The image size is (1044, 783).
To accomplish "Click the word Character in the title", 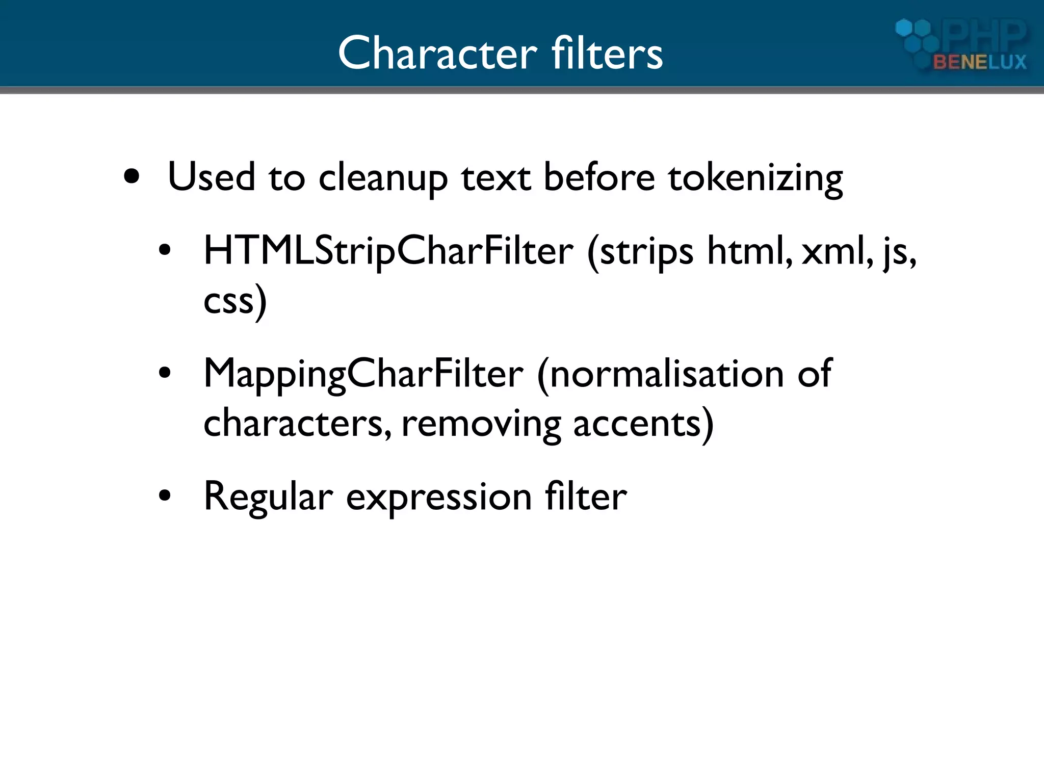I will (437, 53).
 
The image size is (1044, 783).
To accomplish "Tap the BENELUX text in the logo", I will (979, 62).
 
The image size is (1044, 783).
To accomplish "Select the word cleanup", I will (383, 178).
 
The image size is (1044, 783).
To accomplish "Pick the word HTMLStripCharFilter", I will (388, 251).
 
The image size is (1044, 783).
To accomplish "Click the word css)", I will (234, 301).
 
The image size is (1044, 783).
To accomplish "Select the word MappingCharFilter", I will (363, 374).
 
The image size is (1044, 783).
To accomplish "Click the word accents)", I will (643, 424).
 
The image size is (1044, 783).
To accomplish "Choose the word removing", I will (481, 424).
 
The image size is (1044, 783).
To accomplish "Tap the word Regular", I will (268, 497).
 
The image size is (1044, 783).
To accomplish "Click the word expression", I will (439, 497).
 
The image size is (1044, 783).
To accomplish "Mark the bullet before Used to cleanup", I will (132, 177).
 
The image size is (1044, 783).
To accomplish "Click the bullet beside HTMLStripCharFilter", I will (164, 250).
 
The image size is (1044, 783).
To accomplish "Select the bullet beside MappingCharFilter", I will (164, 373).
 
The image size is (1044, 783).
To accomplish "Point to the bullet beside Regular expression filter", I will (164, 495).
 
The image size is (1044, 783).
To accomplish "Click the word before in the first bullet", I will (599, 178).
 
